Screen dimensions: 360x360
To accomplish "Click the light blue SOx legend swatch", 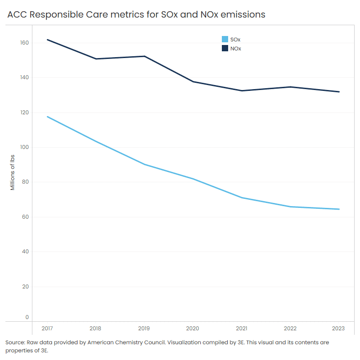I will tap(225, 40).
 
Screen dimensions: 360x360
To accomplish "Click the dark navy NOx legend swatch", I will tap(225, 48).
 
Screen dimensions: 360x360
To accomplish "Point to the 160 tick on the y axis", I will tap(24, 43).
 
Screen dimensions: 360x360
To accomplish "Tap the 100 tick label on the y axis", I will tap(24, 147).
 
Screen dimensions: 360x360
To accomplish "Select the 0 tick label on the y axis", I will tap(27, 317).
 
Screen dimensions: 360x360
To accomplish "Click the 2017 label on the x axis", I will tap(47, 328).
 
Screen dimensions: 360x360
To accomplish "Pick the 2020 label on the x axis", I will tap(193, 328).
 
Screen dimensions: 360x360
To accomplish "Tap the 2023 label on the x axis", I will tap(339, 328).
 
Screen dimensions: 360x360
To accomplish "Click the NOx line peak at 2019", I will tap(144, 56).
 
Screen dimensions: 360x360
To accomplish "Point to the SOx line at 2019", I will tap(144, 164).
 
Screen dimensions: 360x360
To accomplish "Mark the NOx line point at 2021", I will tap(242, 91).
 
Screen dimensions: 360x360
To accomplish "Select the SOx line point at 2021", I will tap(242, 198).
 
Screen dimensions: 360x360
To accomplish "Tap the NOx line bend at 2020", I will tap(193, 81).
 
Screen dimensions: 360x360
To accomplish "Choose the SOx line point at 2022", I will tap(290, 207).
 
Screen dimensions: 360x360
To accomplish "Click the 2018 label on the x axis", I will tap(96, 328).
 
